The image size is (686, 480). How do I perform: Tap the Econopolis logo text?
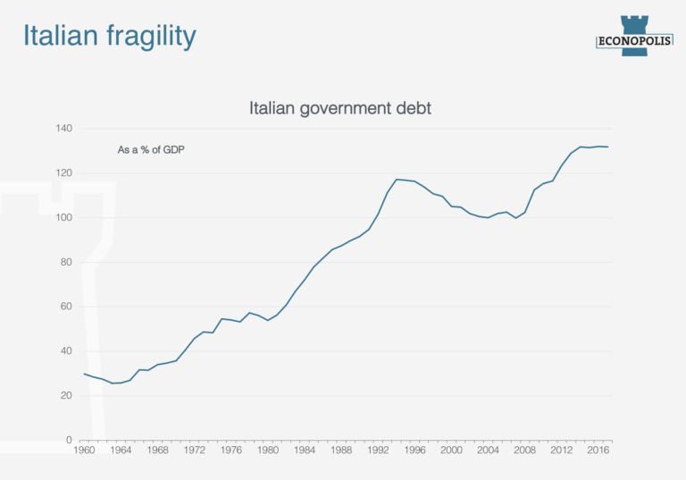pos(634,39)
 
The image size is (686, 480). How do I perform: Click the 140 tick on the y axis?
pos(63,129)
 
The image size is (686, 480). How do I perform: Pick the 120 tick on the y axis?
pos(63,173)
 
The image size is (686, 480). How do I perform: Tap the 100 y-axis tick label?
pos(63,218)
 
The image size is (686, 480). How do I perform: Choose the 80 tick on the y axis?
pos(64,262)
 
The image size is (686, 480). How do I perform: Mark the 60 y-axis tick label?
pos(64,307)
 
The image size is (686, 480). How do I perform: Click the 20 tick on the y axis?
pos(64,396)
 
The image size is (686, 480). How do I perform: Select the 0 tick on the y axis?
pos(68,440)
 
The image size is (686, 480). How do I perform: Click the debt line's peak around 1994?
pos(397,180)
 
